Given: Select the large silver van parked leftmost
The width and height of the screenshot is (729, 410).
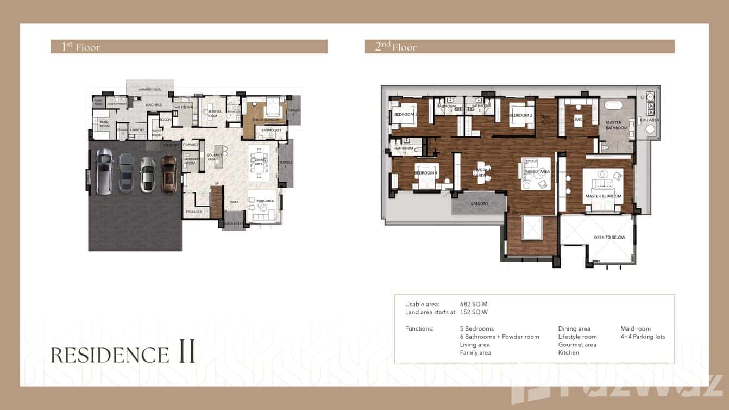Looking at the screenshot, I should pos(103,172).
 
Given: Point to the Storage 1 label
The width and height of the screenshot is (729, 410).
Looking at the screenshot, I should pos(193,211).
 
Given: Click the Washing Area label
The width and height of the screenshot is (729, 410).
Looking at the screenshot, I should pos(149,89).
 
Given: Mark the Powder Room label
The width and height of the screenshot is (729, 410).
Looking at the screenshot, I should pos(190,161).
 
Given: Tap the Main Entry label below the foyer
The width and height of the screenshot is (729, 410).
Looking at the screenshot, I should pos(234,222).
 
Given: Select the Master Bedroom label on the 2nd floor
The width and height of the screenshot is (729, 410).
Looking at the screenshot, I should pos(603,196).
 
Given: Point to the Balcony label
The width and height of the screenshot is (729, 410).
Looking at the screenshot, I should pos(480,203).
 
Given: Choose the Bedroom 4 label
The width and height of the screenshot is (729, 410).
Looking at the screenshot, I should pos(426,173).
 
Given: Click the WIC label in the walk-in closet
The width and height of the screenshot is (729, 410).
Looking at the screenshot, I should pos(579,119).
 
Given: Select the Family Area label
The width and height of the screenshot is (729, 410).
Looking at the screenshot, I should pos(537,171).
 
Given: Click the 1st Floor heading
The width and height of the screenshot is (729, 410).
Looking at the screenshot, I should pos(81,47).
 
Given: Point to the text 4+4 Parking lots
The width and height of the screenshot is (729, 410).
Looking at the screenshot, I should pos(643,337).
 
